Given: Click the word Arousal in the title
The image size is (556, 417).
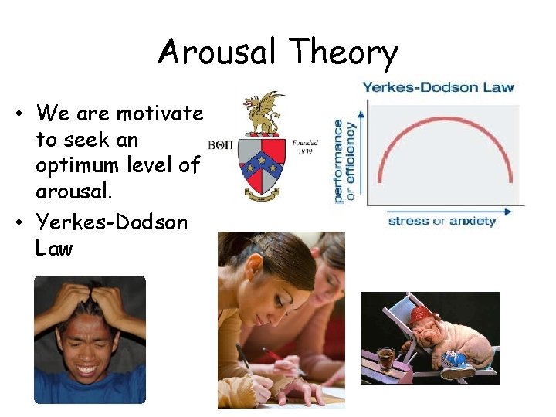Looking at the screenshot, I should tap(217, 53).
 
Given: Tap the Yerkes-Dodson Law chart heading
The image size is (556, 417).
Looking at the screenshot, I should tap(438, 87).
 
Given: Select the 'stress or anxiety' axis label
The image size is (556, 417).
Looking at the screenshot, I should tap(442, 221).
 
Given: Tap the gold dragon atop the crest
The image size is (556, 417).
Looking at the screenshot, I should tap(263, 113).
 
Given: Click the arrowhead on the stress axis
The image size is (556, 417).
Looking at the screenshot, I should tap(508, 210).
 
